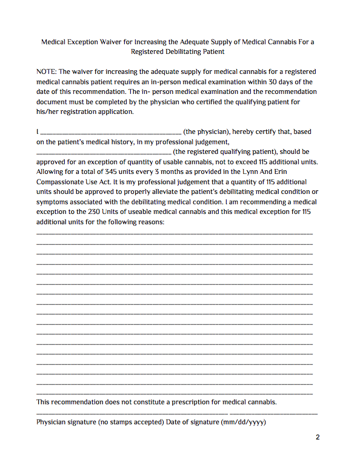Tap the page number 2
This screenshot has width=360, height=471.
pos(317,438)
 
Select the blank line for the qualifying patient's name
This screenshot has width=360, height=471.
pos(104,152)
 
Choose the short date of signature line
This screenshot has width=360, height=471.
pos(273,412)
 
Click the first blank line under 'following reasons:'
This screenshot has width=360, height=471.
pos(175,232)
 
